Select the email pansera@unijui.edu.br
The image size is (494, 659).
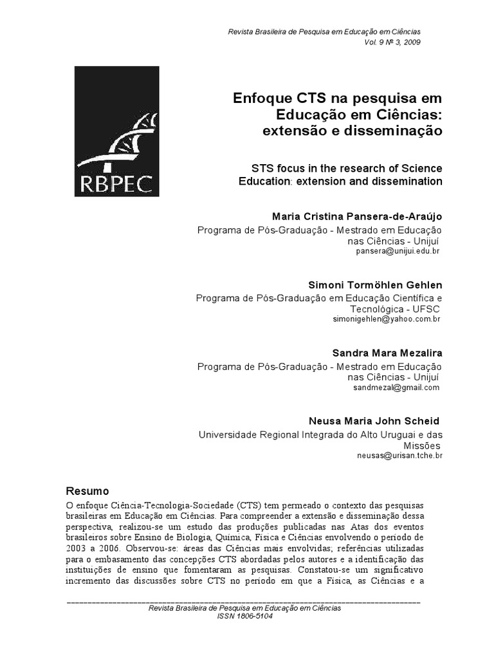397,251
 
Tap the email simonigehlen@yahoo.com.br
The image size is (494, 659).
386,319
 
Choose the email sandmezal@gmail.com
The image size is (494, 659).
396,387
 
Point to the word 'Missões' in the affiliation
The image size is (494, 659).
421,445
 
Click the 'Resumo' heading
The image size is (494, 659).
88,490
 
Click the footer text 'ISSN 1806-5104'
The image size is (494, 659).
245,616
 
